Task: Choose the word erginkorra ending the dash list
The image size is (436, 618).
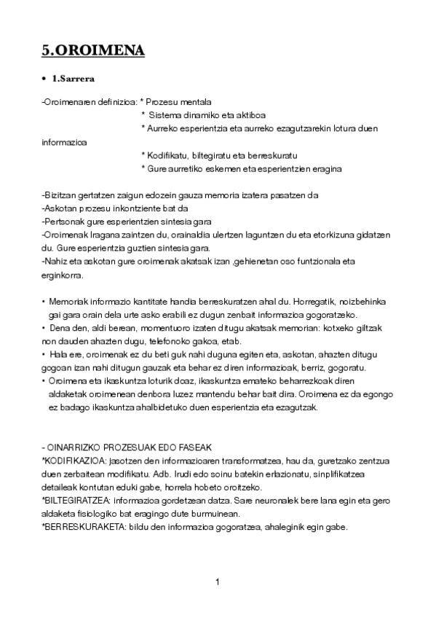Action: pos(63,275)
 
